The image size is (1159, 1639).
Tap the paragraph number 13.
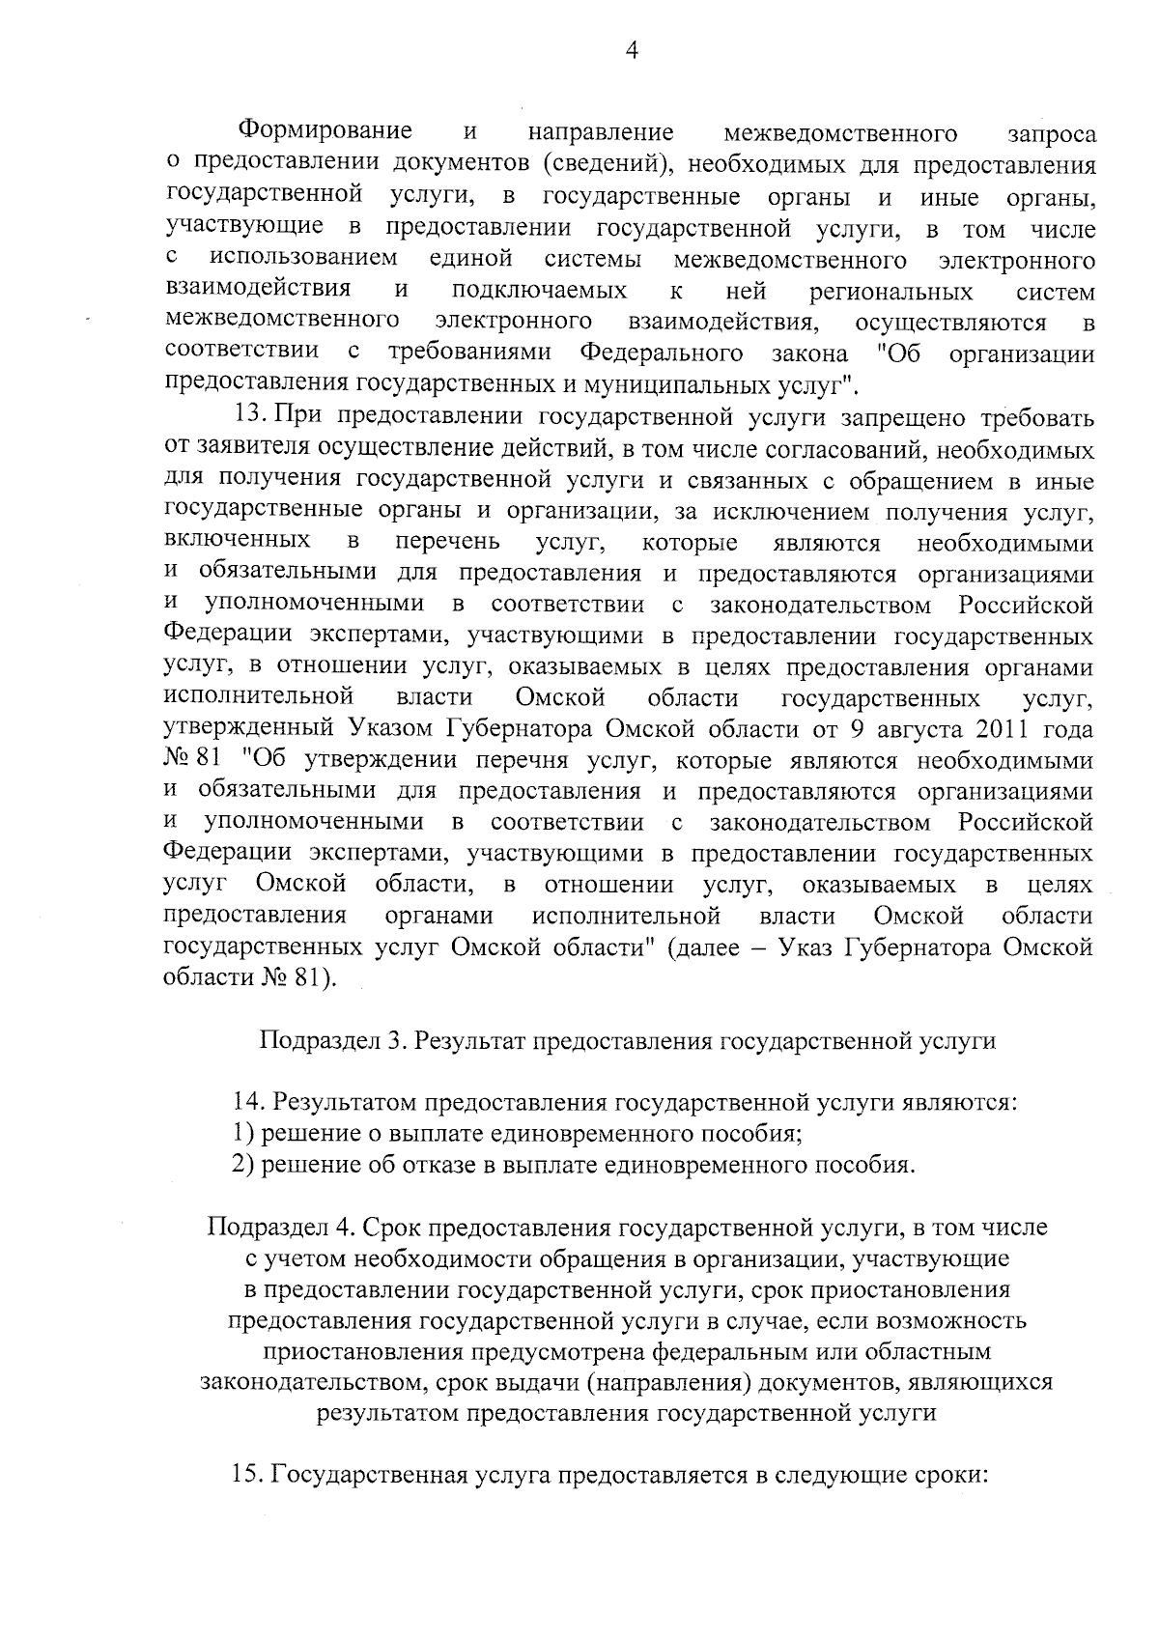[x=250, y=417]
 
